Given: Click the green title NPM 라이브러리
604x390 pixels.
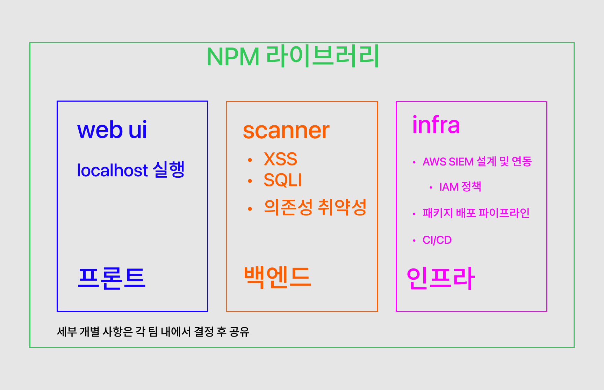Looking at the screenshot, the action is coord(293,56).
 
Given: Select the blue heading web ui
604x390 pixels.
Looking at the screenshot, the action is coord(112,130).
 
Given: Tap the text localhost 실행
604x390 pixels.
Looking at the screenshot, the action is coord(131,170).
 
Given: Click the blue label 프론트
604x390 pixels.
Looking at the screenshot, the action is coord(112,278).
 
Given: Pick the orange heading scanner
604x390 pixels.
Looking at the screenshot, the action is coord(286,131).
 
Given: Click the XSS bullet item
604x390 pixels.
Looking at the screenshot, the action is coord(280,159).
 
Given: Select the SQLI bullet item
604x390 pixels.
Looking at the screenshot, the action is coord(282,180).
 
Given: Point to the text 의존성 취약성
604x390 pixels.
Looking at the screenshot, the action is coord(315,207).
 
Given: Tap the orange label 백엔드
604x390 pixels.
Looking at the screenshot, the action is coord(277,277).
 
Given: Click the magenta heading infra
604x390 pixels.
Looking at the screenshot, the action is coord(436,125).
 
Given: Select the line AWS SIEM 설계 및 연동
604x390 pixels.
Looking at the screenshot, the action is coord(477,162).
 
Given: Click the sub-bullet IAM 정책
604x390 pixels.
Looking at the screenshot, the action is coord(460,187).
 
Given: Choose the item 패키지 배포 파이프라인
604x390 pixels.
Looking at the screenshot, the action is coord(476,213).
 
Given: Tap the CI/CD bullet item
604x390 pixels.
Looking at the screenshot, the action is coord(437,240).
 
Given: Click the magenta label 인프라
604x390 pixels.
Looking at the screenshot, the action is coord(441,278).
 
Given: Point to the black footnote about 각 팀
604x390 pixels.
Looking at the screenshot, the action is coord(153,332).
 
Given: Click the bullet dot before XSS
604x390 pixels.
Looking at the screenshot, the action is coord(250,160).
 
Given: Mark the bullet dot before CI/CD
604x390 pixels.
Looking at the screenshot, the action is coord(414,241).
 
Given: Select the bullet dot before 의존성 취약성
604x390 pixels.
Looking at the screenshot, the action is coord(250,209).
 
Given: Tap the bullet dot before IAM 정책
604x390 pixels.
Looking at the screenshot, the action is coord(431,187).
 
